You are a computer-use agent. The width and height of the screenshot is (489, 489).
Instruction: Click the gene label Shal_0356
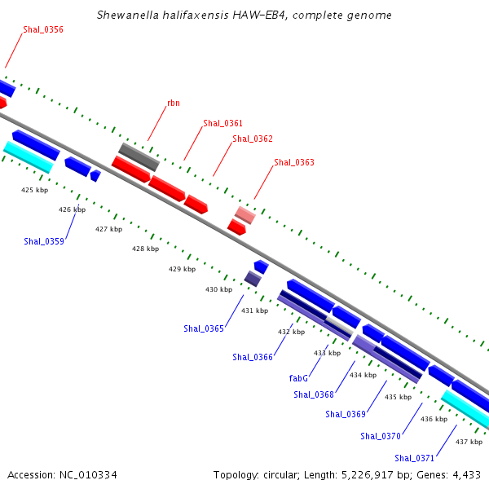tap(43, 29)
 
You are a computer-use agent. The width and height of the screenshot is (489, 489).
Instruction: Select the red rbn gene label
tap(174, 103)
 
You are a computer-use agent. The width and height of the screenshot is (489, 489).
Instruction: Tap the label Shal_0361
tap(222, 123)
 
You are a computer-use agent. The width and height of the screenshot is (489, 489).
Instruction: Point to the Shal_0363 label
tap(294, 162)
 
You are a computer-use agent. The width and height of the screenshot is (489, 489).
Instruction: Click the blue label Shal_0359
tap(44, 241)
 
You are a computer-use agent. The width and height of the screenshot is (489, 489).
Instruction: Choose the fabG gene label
tap(298, 378)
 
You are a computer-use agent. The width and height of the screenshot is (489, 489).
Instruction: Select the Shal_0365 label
tap(204, 328)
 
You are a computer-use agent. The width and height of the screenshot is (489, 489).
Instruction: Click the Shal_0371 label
tap(414, 458)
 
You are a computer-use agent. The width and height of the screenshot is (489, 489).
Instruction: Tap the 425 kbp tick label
tap(34, 190)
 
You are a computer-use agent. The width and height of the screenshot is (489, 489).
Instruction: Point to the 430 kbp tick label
tap(218, 289)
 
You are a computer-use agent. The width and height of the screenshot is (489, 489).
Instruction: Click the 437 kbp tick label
tap(469, 442)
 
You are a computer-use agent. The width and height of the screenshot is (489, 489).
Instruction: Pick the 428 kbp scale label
tap(145, 249)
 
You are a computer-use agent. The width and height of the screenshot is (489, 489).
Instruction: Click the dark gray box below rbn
tap(139, 156)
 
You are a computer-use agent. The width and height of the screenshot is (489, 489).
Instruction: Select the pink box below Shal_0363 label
tap(245, 215)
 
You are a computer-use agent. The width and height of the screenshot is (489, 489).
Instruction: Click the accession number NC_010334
tap(88, 475)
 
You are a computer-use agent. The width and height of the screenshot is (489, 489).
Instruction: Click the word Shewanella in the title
tap(128, 15)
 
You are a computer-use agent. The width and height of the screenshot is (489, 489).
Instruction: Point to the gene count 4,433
tap(466, 475)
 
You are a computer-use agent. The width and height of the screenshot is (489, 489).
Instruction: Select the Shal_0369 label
tap(346, 414)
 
